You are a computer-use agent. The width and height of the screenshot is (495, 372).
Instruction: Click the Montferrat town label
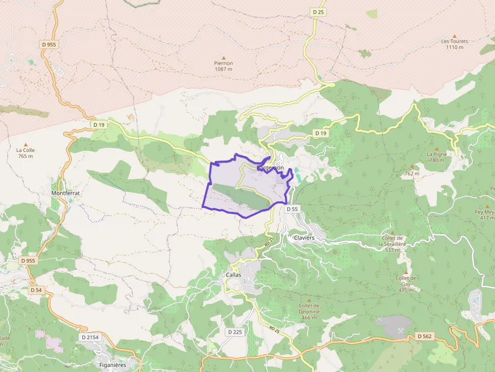click(66, 193)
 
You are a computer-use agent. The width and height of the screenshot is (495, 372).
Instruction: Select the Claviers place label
click(304, 237)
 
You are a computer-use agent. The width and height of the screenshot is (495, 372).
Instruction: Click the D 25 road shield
click(318, 12)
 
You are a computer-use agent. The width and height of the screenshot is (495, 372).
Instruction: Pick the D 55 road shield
click(292, 208)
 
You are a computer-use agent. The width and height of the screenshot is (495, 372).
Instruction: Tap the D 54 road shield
click(36, 290)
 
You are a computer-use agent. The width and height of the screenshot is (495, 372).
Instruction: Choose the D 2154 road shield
click(90, 337)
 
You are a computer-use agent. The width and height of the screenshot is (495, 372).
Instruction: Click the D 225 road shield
click(235, 332)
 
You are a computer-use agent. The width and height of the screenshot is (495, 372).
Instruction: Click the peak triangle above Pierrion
click(224, 58)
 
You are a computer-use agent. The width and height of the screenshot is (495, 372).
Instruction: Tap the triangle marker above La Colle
click(26, 144)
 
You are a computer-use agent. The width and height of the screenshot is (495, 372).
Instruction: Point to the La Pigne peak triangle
click(436, 148)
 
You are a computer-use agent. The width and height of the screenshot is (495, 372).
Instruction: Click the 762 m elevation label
click(412, 174)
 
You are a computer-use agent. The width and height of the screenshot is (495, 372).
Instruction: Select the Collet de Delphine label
click(309, 308)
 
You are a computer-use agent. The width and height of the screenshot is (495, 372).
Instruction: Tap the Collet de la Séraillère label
click(392, 244)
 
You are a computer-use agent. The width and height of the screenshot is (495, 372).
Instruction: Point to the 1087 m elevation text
click(223, 69)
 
